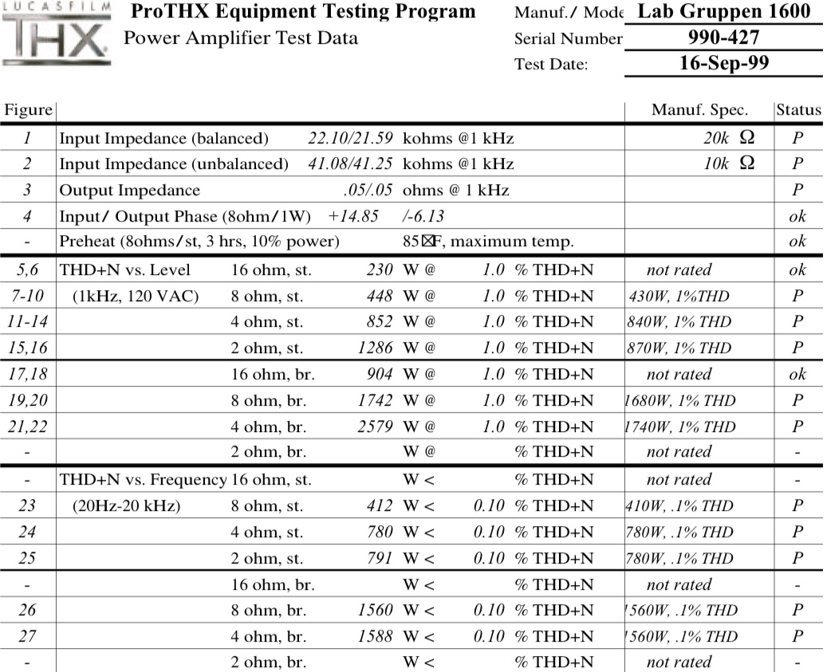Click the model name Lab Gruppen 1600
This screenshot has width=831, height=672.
[x=723, y=11]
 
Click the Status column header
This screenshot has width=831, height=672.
[x=798, y=110]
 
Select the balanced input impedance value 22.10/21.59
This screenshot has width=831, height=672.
[x=350, y=138]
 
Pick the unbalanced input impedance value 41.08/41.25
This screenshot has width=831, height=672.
[x=350, y=164]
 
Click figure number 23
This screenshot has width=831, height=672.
[x=27, y=505]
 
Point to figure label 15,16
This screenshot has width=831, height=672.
[x=27, y=348]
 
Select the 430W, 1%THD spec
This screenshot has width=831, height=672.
[x=679, y=296]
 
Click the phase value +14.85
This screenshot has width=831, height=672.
[x=352, y=216]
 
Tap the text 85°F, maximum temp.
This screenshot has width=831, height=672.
[x=488, y=242]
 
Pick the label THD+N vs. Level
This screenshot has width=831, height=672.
[x=125, y=270]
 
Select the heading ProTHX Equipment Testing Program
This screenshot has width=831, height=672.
[x=302, y=12]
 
